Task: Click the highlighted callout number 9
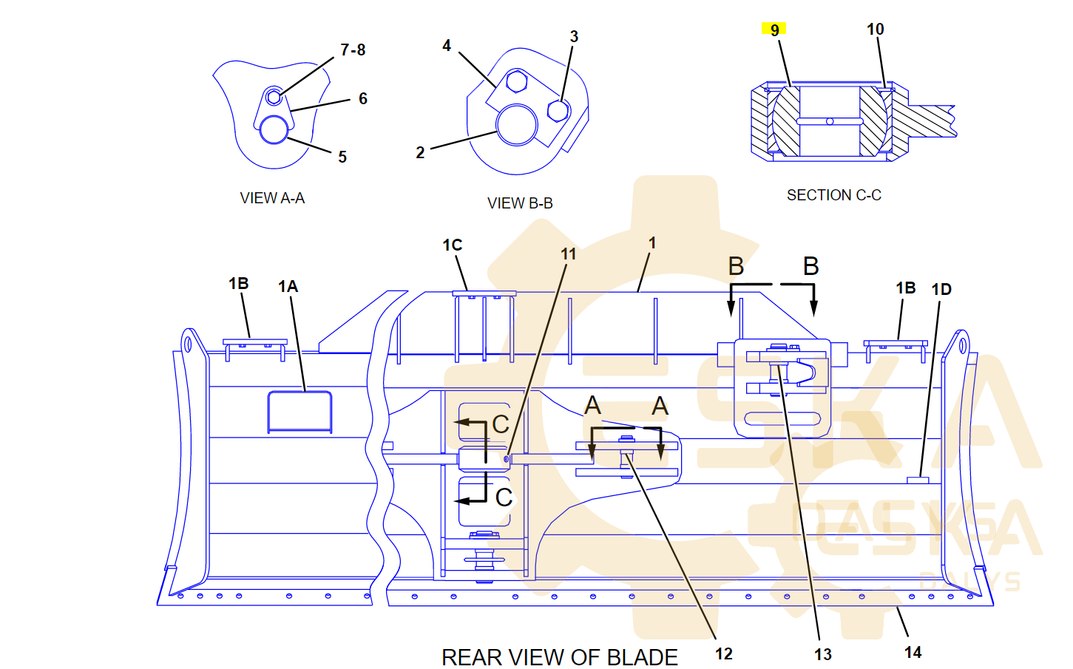click(x=774, y=30)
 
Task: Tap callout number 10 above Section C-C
click(x=875, y=30)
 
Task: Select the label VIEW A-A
click(x=272, y=198)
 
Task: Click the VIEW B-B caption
click(x=520, y=203)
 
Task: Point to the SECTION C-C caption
click(x=833, y=195)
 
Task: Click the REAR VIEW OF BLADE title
click(x=559, y=656)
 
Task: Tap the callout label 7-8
click(x=353, y=50)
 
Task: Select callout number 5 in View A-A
click(x=342, y=157)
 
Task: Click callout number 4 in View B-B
click(x=447, y=46)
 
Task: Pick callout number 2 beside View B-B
click(x=420, y=152)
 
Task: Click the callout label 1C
click(x=452, y=245)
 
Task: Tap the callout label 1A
click(x=288, y=287)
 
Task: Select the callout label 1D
click(x=941, y=290)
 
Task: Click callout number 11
click(x=568, y=254)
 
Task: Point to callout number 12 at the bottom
click(x=723, y=653)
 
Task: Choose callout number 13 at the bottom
click(x=822, y=654)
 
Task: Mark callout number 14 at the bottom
click(x=913, y=652)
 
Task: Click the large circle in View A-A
click(x=274, y=130)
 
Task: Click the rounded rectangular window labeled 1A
click(x=299, y=412)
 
